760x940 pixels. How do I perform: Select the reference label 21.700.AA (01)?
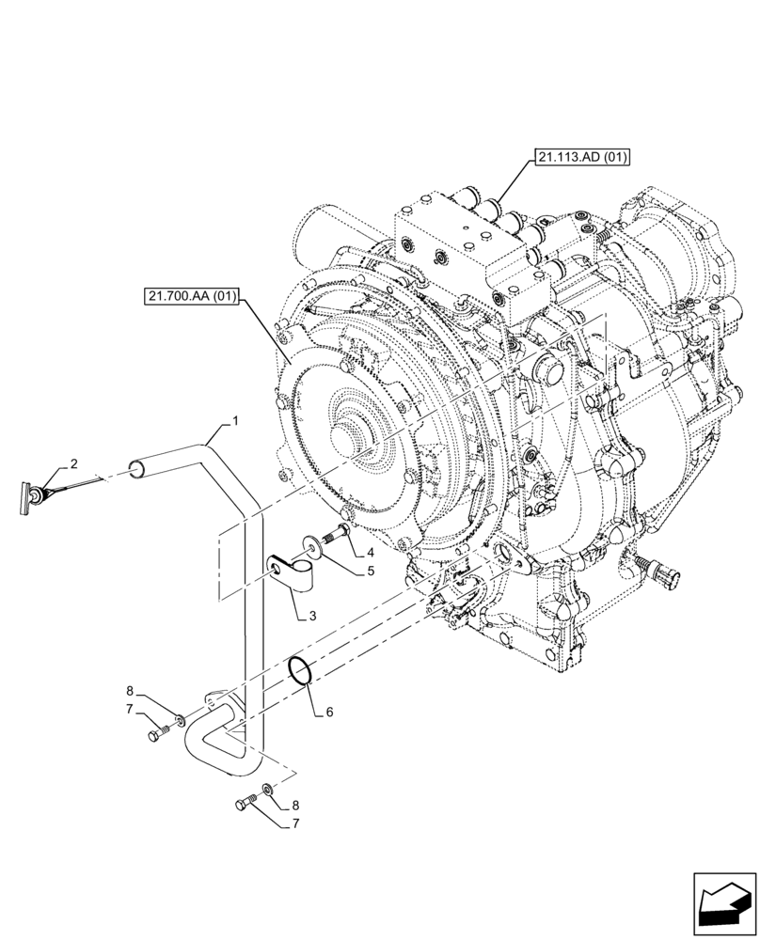click(x=192, y=297)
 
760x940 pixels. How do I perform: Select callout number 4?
click(x=371, y=552)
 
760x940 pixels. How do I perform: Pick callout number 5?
click(x=371, y=570)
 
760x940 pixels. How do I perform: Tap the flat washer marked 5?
click(x=311, y=542)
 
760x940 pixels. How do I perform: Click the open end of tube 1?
click(x=136, y=468)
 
